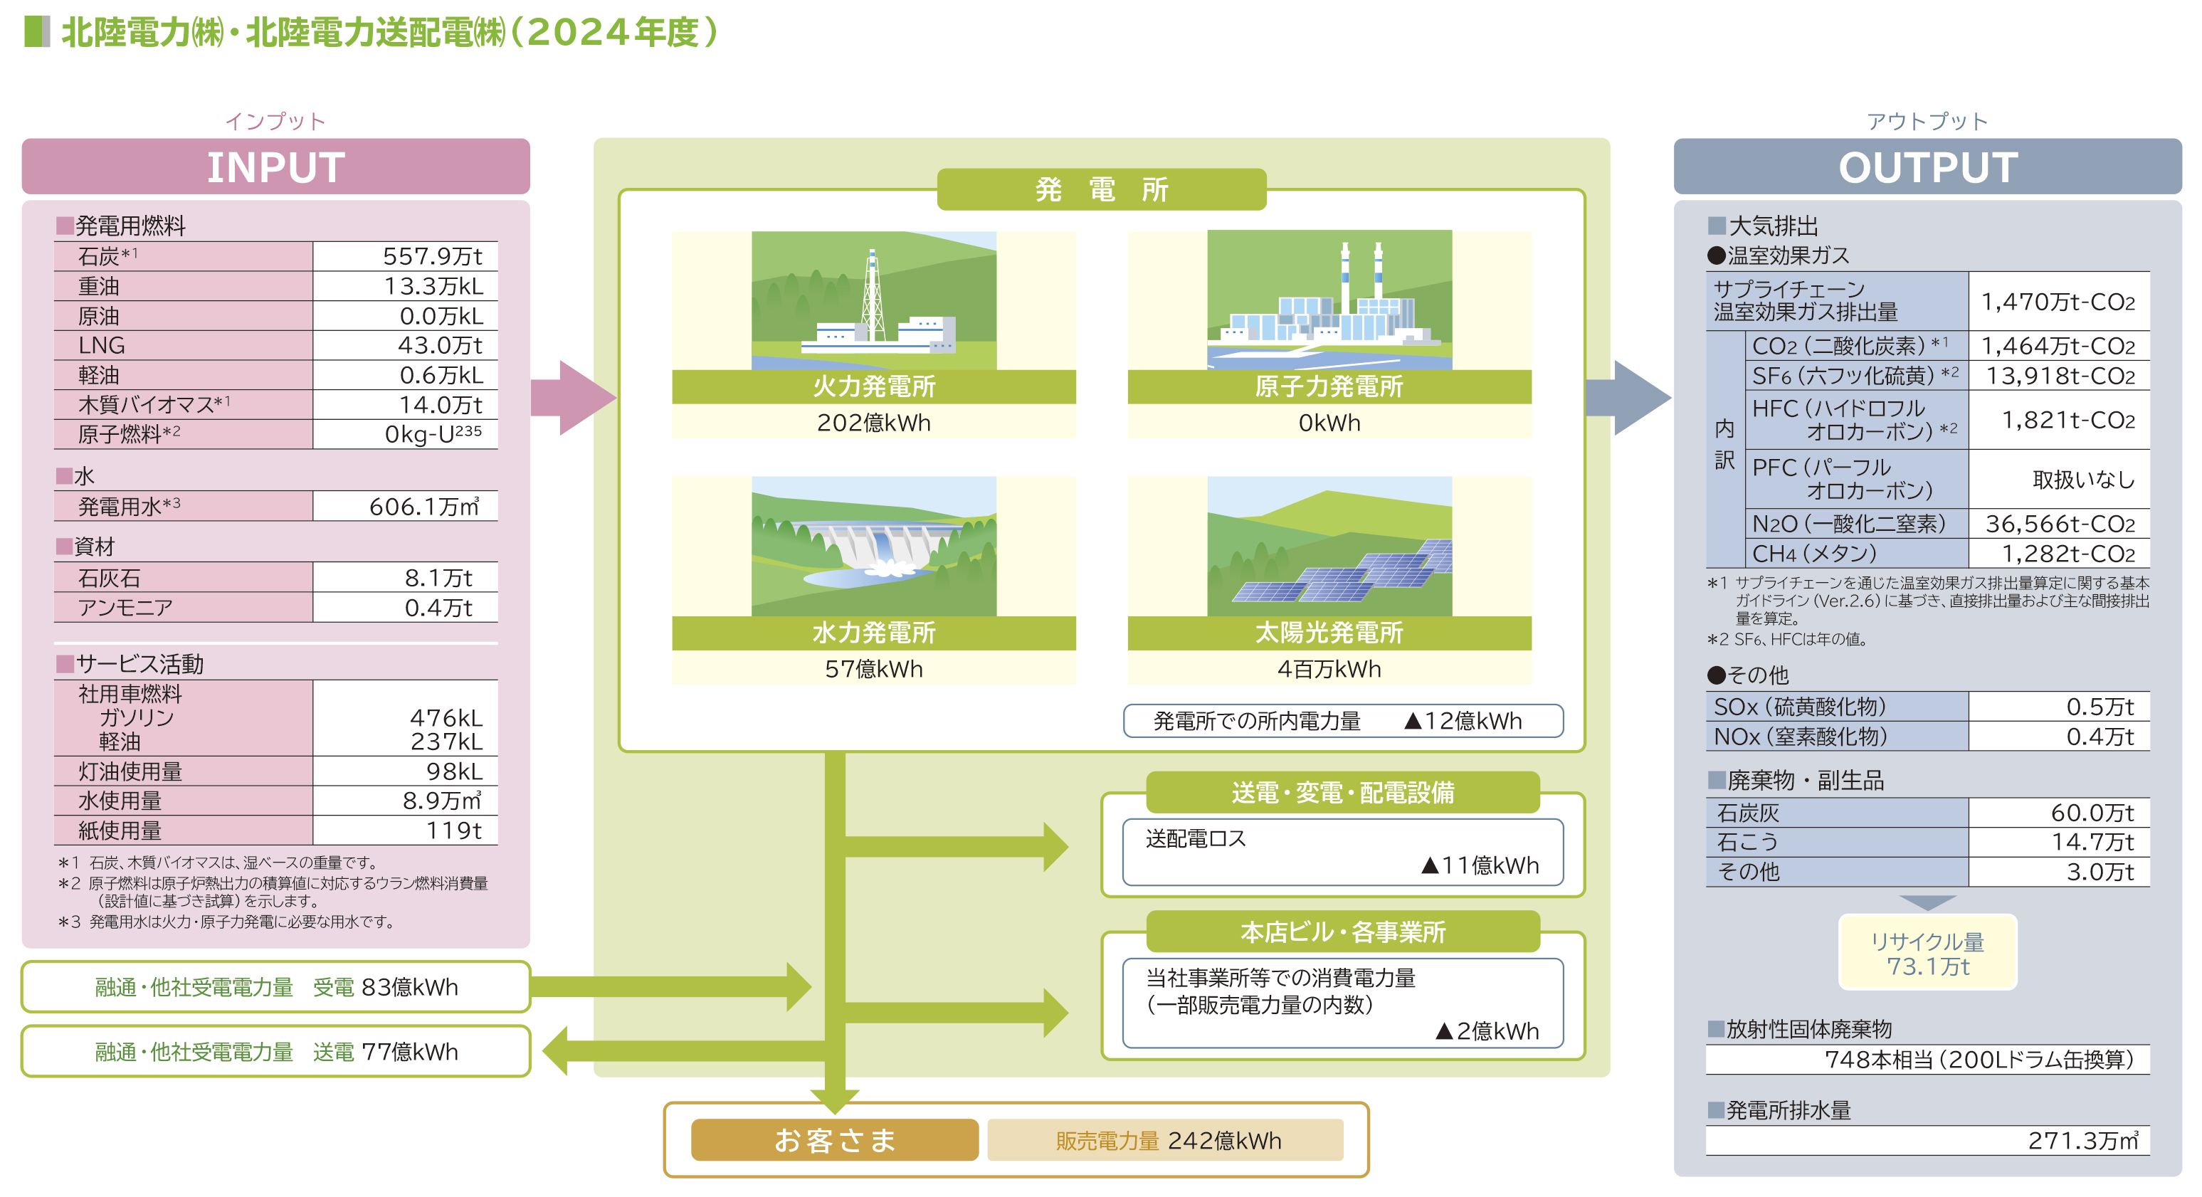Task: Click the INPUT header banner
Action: click(275, 167)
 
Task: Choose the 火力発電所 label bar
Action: click(874, 386)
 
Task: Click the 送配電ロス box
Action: click(1342, 853)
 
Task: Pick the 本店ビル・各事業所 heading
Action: click(1342, 931)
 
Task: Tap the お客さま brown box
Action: click(834, 1140)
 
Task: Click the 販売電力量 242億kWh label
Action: click(1166, 1141)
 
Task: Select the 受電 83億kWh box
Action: click(275, 986)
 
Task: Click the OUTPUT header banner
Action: click(1927, 167)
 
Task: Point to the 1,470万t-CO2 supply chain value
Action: click(2058, 302)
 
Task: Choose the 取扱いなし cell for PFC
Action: click(2082, 480)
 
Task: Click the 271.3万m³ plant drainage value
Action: click(2082, 1141)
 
